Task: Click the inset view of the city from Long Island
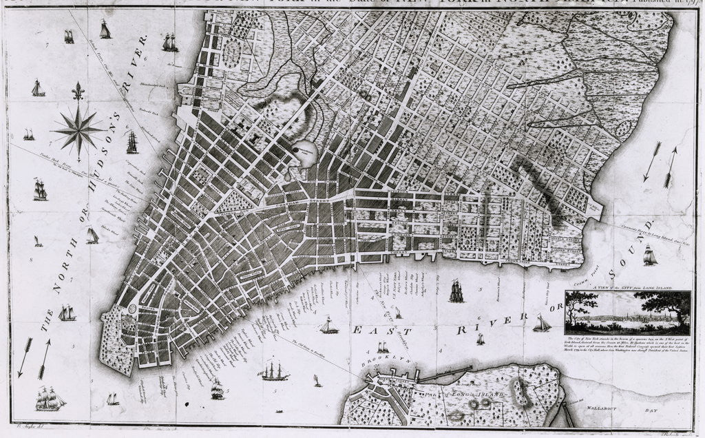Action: point(627,312)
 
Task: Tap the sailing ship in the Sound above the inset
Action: point(649,255)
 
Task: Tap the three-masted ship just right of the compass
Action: point(131,142)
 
